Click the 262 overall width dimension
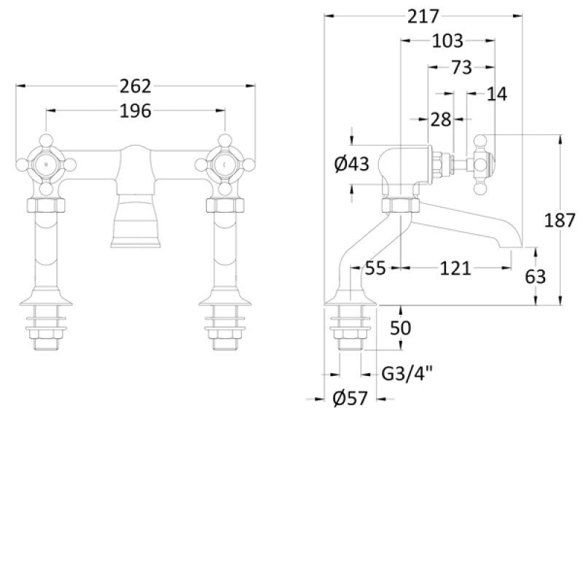point(136,86)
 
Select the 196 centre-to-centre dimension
point(136,111)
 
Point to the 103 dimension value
point(447,42)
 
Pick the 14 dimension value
point(497,93)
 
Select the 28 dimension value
point(440,120)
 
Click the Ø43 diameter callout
point(352,165)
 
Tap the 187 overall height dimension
point(560,220)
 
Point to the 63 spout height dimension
point(536,276)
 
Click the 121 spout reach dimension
point(455,269)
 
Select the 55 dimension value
point(375,269)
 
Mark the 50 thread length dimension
point(400,328)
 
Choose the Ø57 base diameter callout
point(350,399)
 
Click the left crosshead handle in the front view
point(47,165)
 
